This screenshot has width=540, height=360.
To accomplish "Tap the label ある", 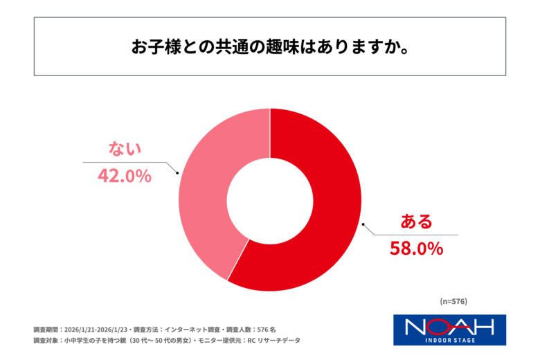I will coord(417,222).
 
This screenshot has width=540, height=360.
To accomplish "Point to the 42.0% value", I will coord(124,176).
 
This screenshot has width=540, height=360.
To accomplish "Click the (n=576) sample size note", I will coord(453,301).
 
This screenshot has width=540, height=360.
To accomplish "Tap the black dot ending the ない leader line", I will coord(178,173).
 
